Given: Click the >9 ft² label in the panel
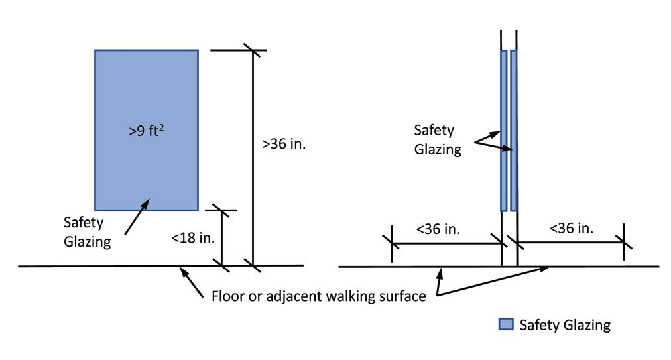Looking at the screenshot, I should click(x=147, y=131).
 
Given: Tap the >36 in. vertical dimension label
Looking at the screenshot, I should click(x=284, y=144).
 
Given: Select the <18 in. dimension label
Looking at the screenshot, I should click(x=193, y=237).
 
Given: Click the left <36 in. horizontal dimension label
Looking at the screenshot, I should click(x=438, y=229).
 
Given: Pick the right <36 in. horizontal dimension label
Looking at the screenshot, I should click(x=572, y=229).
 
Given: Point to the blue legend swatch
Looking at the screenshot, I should click(x=506, y=325).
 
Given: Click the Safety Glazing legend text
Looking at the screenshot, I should click(x=565, y=325).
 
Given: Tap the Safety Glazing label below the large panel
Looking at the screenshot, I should click(x=87, y=231).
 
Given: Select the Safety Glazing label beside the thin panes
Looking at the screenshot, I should click(x=438, y=139).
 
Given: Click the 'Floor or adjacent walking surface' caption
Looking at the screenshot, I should click(x=318, y=296).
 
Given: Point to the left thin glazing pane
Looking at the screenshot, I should click(x=503, y=130).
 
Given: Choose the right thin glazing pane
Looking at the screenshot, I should click(x=513, y=130).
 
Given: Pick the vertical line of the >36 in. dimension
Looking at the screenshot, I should click(x=252, y=159).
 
